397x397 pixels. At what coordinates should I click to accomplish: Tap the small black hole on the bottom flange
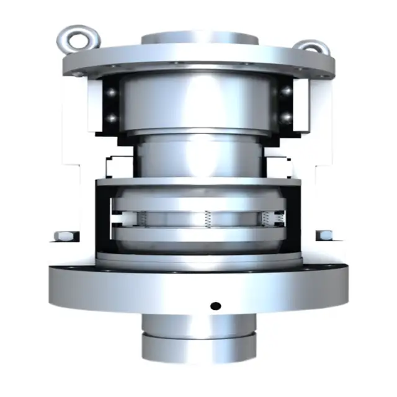coord(215,305)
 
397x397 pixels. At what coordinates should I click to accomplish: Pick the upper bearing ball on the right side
coord(287,91)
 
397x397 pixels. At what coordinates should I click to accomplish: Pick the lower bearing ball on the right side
coord(287,117)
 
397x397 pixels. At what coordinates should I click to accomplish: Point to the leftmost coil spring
coord(141,218)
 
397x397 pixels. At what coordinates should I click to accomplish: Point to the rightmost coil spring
coord(265,218)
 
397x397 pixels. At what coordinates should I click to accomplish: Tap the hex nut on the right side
coord(324,236)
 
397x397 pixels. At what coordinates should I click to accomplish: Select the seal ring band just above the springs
coord(198,203)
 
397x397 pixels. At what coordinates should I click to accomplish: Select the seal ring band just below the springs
coord(198,234)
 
